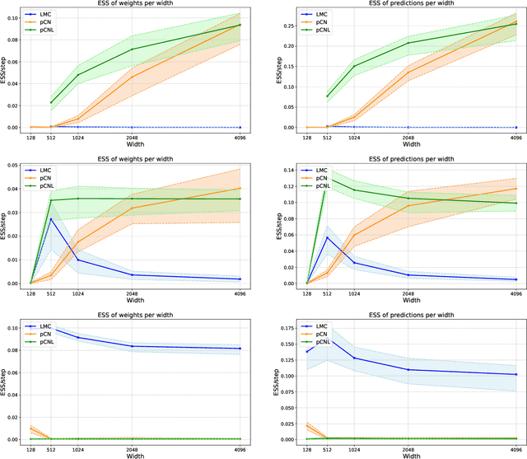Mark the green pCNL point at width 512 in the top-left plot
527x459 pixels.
click(x=51, y=103)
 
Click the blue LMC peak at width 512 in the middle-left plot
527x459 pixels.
click(x=51, y=219)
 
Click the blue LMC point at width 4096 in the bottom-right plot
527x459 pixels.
click(x=515, y=374)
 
